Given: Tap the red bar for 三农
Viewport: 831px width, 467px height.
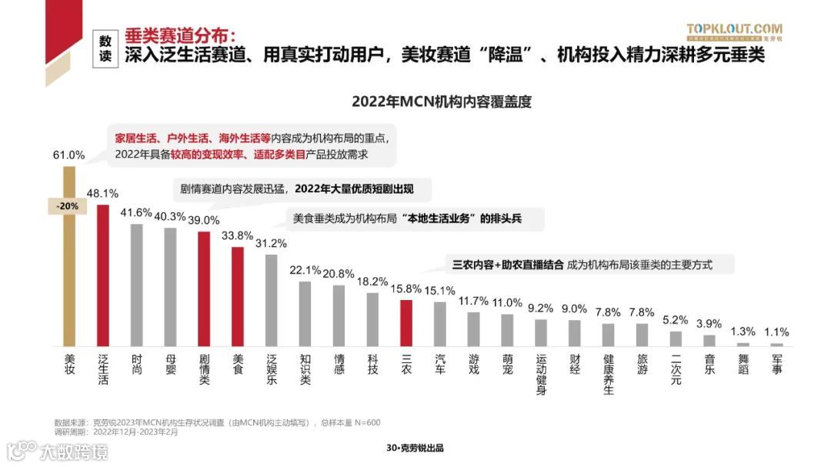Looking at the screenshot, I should [406, 322].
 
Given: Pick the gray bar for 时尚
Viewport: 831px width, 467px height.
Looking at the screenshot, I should [137, 285].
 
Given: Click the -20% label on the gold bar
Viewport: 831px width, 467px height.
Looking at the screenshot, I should [68, 206].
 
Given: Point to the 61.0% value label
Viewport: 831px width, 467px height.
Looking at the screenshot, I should [68, 155].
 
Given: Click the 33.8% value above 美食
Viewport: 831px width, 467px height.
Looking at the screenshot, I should [238, 236].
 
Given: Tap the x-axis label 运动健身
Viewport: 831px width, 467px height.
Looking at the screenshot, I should [541, 374].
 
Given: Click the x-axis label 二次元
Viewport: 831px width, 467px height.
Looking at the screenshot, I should [676, 369].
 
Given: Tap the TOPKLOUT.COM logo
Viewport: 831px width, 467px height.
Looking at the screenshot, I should [734, 31].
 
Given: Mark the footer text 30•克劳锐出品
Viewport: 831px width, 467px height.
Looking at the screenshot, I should [415, 449].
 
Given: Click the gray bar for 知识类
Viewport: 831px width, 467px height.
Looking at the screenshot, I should [305, 313].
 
